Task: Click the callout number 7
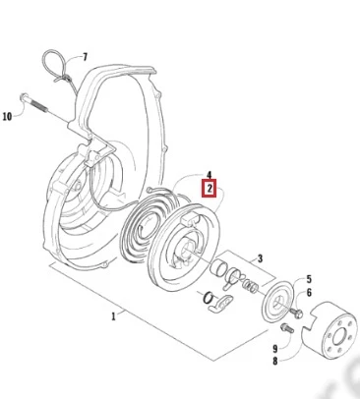[x=86, y=57]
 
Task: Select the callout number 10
[x=7, y=117]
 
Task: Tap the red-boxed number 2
[x=210, y=189]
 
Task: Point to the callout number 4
[x=209, y=175]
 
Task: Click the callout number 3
[x=260, y=258]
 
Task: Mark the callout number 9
[x=275, y=349]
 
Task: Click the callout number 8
[x=274, y=361]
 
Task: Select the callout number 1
[x=113, y=316]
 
